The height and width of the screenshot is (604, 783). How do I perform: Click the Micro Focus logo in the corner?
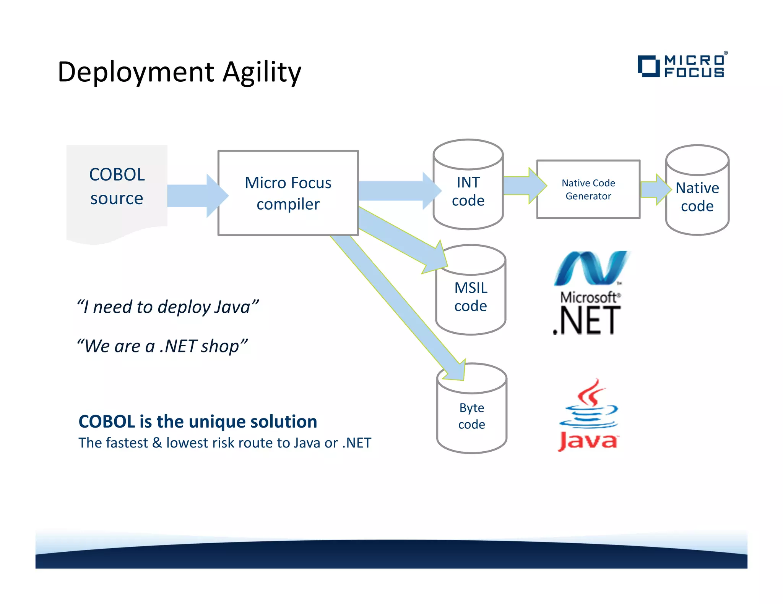click(x=682, y=66)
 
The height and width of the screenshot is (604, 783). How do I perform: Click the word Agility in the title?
click(x=262, y=72)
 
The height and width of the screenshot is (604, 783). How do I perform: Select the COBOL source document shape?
click(x=117, y=191)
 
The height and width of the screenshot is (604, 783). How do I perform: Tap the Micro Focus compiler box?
click(x=288, y=193)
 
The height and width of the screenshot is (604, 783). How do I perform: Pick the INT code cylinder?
click(x=468, y=191)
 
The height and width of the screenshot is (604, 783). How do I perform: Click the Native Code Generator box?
click(x=588, y=189)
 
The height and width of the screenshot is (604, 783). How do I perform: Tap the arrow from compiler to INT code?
click(x=398, y=191)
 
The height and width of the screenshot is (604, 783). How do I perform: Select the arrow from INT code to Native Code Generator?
click(x=524, y=186)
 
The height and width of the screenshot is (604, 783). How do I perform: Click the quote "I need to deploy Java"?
click(x=167, y=307)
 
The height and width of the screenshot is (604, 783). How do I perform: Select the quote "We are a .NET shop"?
click(x=162, y=346)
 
